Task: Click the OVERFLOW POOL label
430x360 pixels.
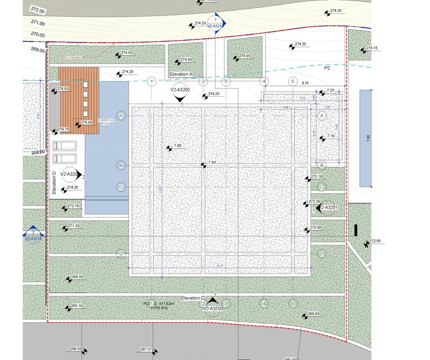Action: pos(106,122)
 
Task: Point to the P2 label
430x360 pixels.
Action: pos(327,68)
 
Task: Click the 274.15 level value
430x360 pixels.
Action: pos(372,48)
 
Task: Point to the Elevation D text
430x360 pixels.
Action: pos(54,183)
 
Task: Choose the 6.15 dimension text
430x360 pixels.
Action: pos(305,83)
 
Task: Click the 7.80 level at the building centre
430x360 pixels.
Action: pos(212,163)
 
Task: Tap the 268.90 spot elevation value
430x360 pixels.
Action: pos(313,314)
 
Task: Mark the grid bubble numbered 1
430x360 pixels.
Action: pos(152,81)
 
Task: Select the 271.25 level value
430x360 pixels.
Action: pos(73,226)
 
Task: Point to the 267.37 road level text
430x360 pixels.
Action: pos(146,349)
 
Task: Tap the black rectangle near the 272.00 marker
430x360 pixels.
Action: pos(356,230)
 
